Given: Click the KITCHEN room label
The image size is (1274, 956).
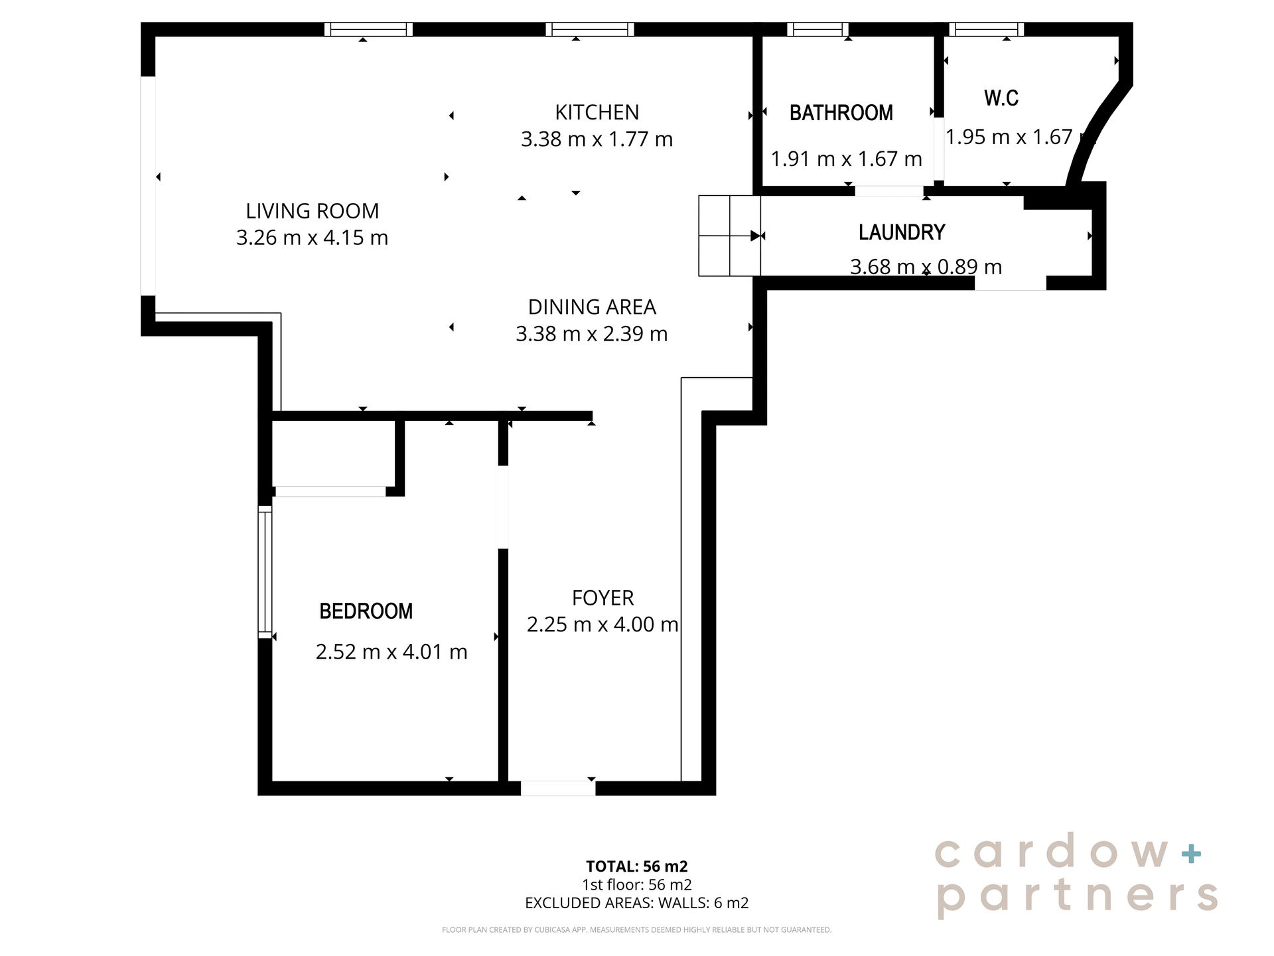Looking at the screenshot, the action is point(597,112).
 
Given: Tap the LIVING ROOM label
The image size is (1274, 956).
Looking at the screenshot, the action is point(312,211).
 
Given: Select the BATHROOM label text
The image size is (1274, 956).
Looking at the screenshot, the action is point(841,113).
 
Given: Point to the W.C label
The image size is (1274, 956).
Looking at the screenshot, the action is point(1001,98).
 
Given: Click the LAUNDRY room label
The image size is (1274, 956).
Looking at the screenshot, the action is point(902,232).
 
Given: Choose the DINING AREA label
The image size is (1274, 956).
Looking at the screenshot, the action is point(592,307).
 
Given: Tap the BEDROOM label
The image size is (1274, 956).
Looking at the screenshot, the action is point(366,611).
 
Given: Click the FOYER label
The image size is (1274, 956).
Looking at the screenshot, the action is point(602,598).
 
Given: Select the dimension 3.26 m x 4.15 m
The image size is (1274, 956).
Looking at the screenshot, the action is point(312,238).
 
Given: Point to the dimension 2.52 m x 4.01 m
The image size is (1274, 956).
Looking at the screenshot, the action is point(391,652).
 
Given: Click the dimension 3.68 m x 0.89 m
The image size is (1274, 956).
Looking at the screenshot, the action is point(926,267).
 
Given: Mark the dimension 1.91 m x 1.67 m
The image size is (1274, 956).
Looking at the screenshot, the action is point(846,159).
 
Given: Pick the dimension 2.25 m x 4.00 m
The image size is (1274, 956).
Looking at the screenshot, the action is point(602,625).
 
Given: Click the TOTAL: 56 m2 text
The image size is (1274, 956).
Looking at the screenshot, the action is point(637,866).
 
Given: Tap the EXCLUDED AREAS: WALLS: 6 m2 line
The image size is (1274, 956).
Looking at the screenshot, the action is point(637,903).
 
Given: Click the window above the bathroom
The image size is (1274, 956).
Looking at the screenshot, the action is point(817,29).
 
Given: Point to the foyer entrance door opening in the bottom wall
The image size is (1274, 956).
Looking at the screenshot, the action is point(558,788).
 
